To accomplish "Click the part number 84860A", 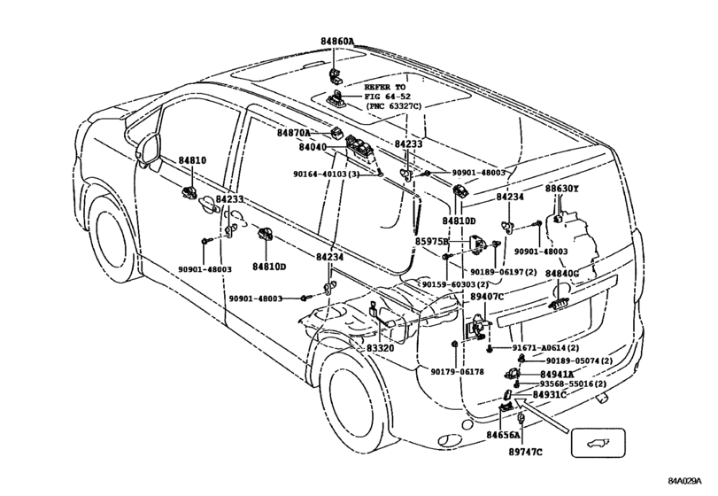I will [338, 41].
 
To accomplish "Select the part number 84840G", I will [561, 275].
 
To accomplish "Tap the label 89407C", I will [487, 297].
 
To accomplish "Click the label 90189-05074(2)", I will [579, 360].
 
